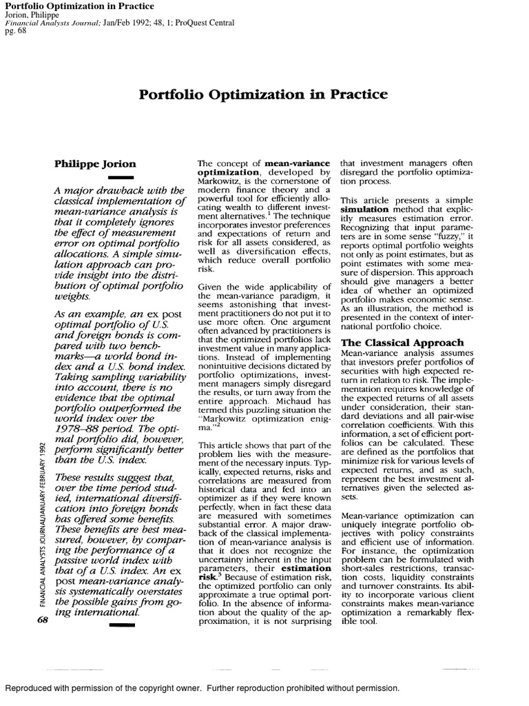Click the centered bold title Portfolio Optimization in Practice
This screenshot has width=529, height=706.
(264, 94)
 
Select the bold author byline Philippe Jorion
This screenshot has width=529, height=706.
(95, 164)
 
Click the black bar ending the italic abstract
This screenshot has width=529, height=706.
(110, 624)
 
